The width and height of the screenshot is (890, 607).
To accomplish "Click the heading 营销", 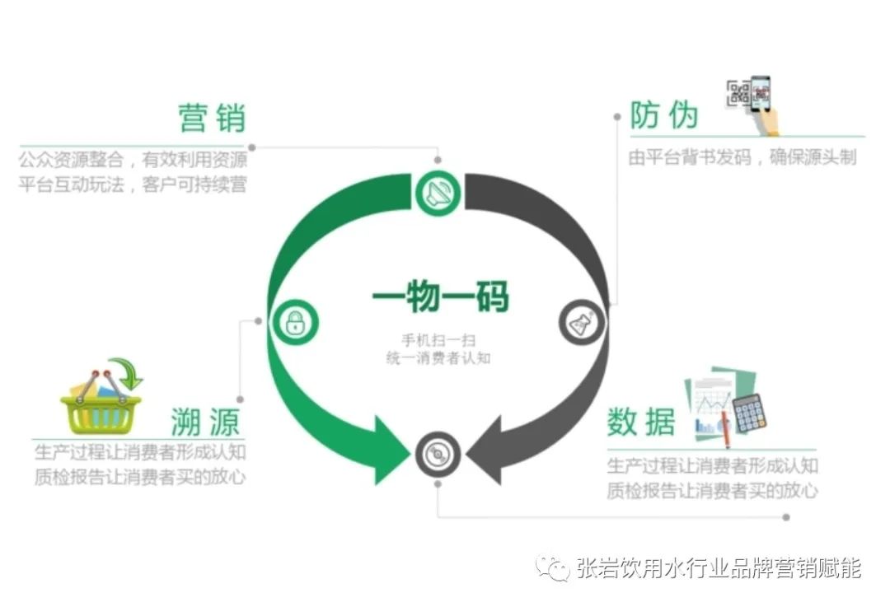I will click(x=212, y=119).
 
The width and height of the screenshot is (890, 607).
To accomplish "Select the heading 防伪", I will click(x=664, y=115).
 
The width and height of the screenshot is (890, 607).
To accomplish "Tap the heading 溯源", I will click(x=205, y=422).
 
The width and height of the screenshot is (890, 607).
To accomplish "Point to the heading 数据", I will click(x=641, y=422).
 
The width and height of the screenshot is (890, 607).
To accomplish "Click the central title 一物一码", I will click(x=441, y=296).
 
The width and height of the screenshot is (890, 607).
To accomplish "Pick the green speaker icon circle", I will click(x=438, y=194).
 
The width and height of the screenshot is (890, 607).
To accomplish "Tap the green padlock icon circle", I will click(x=294, y=322).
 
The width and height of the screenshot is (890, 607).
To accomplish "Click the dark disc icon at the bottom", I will click(x=438, y=454).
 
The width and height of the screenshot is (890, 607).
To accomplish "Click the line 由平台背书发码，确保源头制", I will click(x=742, y=157).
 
